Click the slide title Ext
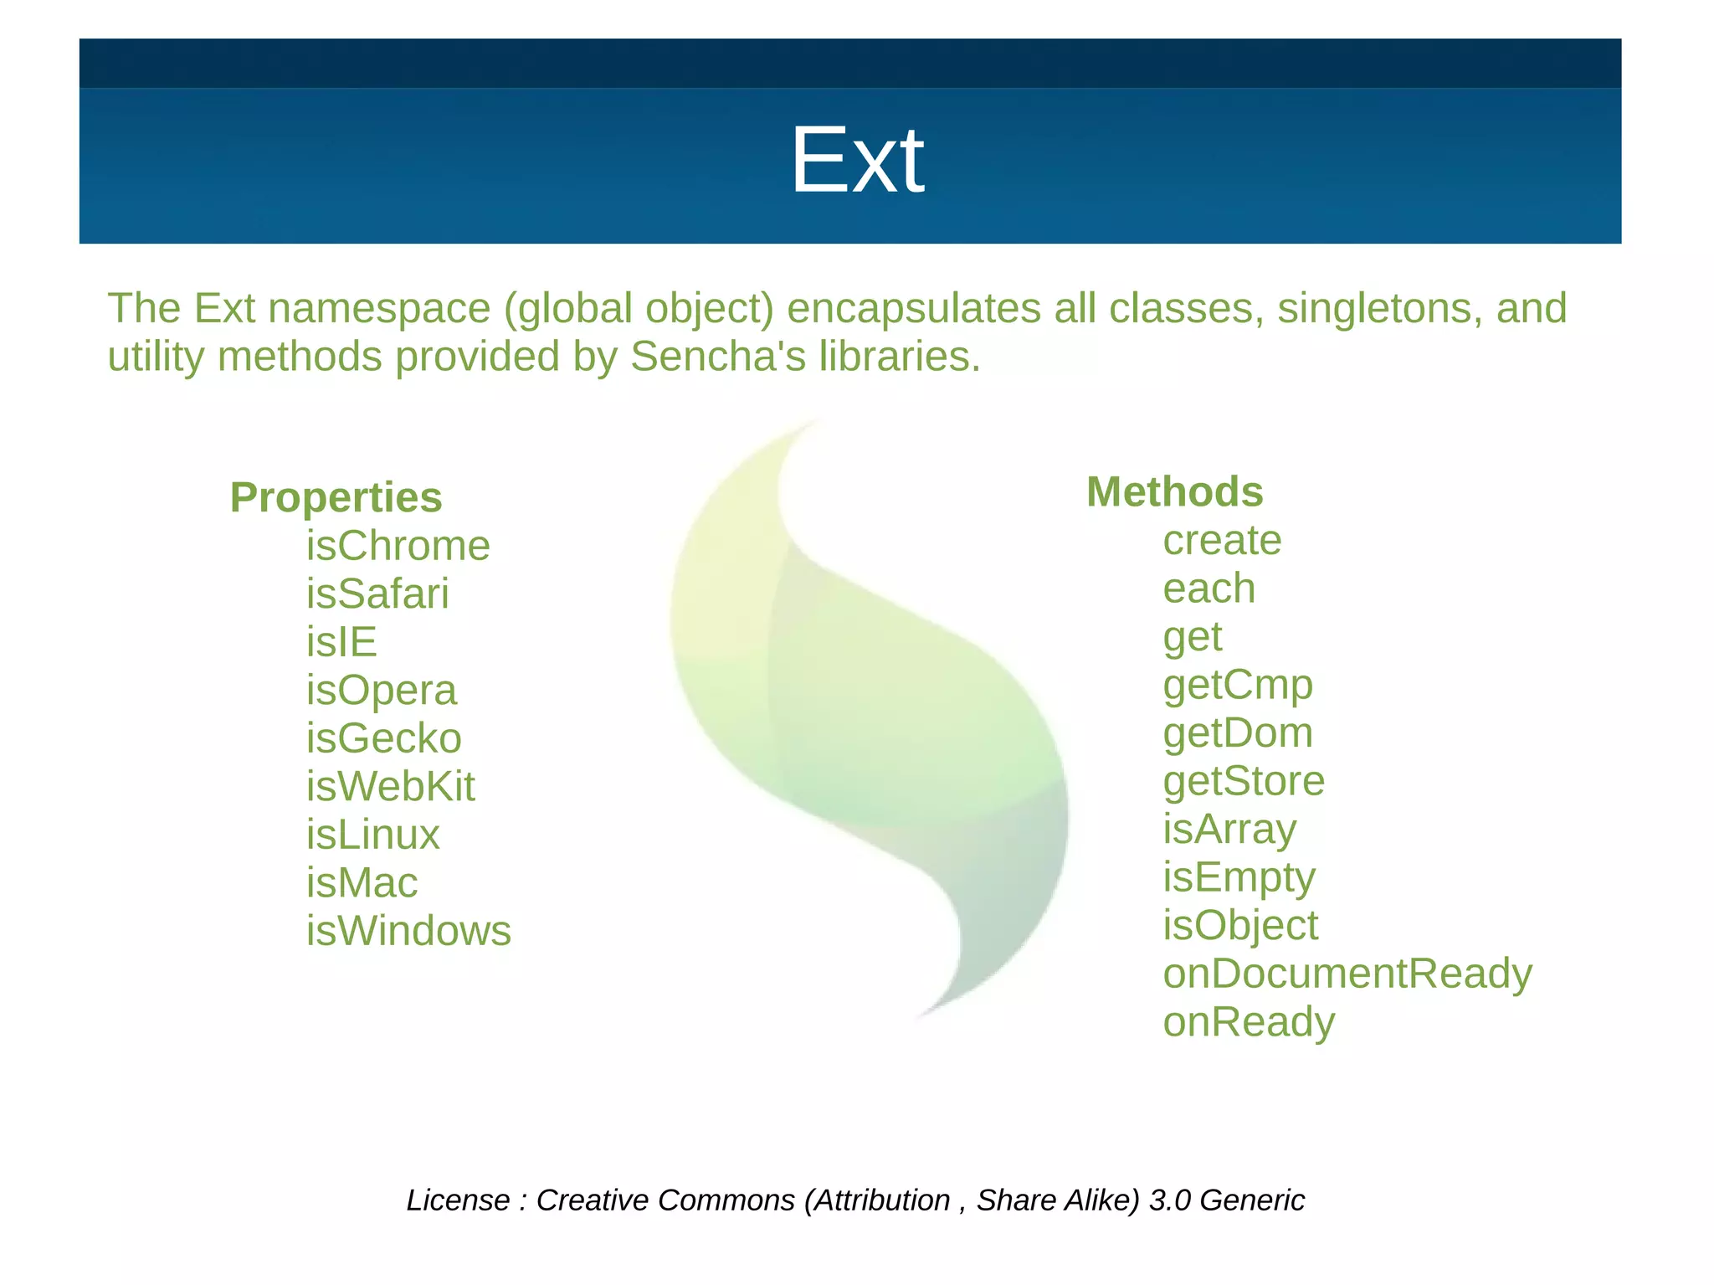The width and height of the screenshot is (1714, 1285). [x=857, y=160]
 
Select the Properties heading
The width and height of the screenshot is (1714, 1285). [x=336, y=498]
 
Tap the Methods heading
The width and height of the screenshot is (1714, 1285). [x=1174, y=492]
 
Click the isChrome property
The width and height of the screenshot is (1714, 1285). [x=398, y=547]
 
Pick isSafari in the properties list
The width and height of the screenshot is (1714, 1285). [x=377, y=594]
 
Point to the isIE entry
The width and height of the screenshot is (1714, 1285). [x=341, y=643]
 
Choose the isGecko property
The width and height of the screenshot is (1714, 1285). [x=383, y=739]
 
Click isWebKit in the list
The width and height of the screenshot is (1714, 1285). [x=390, y=787]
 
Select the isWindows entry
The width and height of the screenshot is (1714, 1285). [x=408, y=932]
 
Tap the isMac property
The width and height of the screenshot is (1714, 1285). [x=362, y=883]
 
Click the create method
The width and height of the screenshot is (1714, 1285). [x=1222, y=541]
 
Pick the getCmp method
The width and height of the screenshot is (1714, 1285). [x=1237, y=686]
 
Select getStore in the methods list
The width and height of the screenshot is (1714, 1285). [x=1244, y=782]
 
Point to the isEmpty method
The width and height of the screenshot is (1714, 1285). [x=1239, y=878]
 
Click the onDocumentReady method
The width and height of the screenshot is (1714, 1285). [x=1347, y=974]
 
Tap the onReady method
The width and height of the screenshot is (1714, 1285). [x=1249, y=1023]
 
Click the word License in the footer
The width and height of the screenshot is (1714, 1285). [x=458, y=1200]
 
